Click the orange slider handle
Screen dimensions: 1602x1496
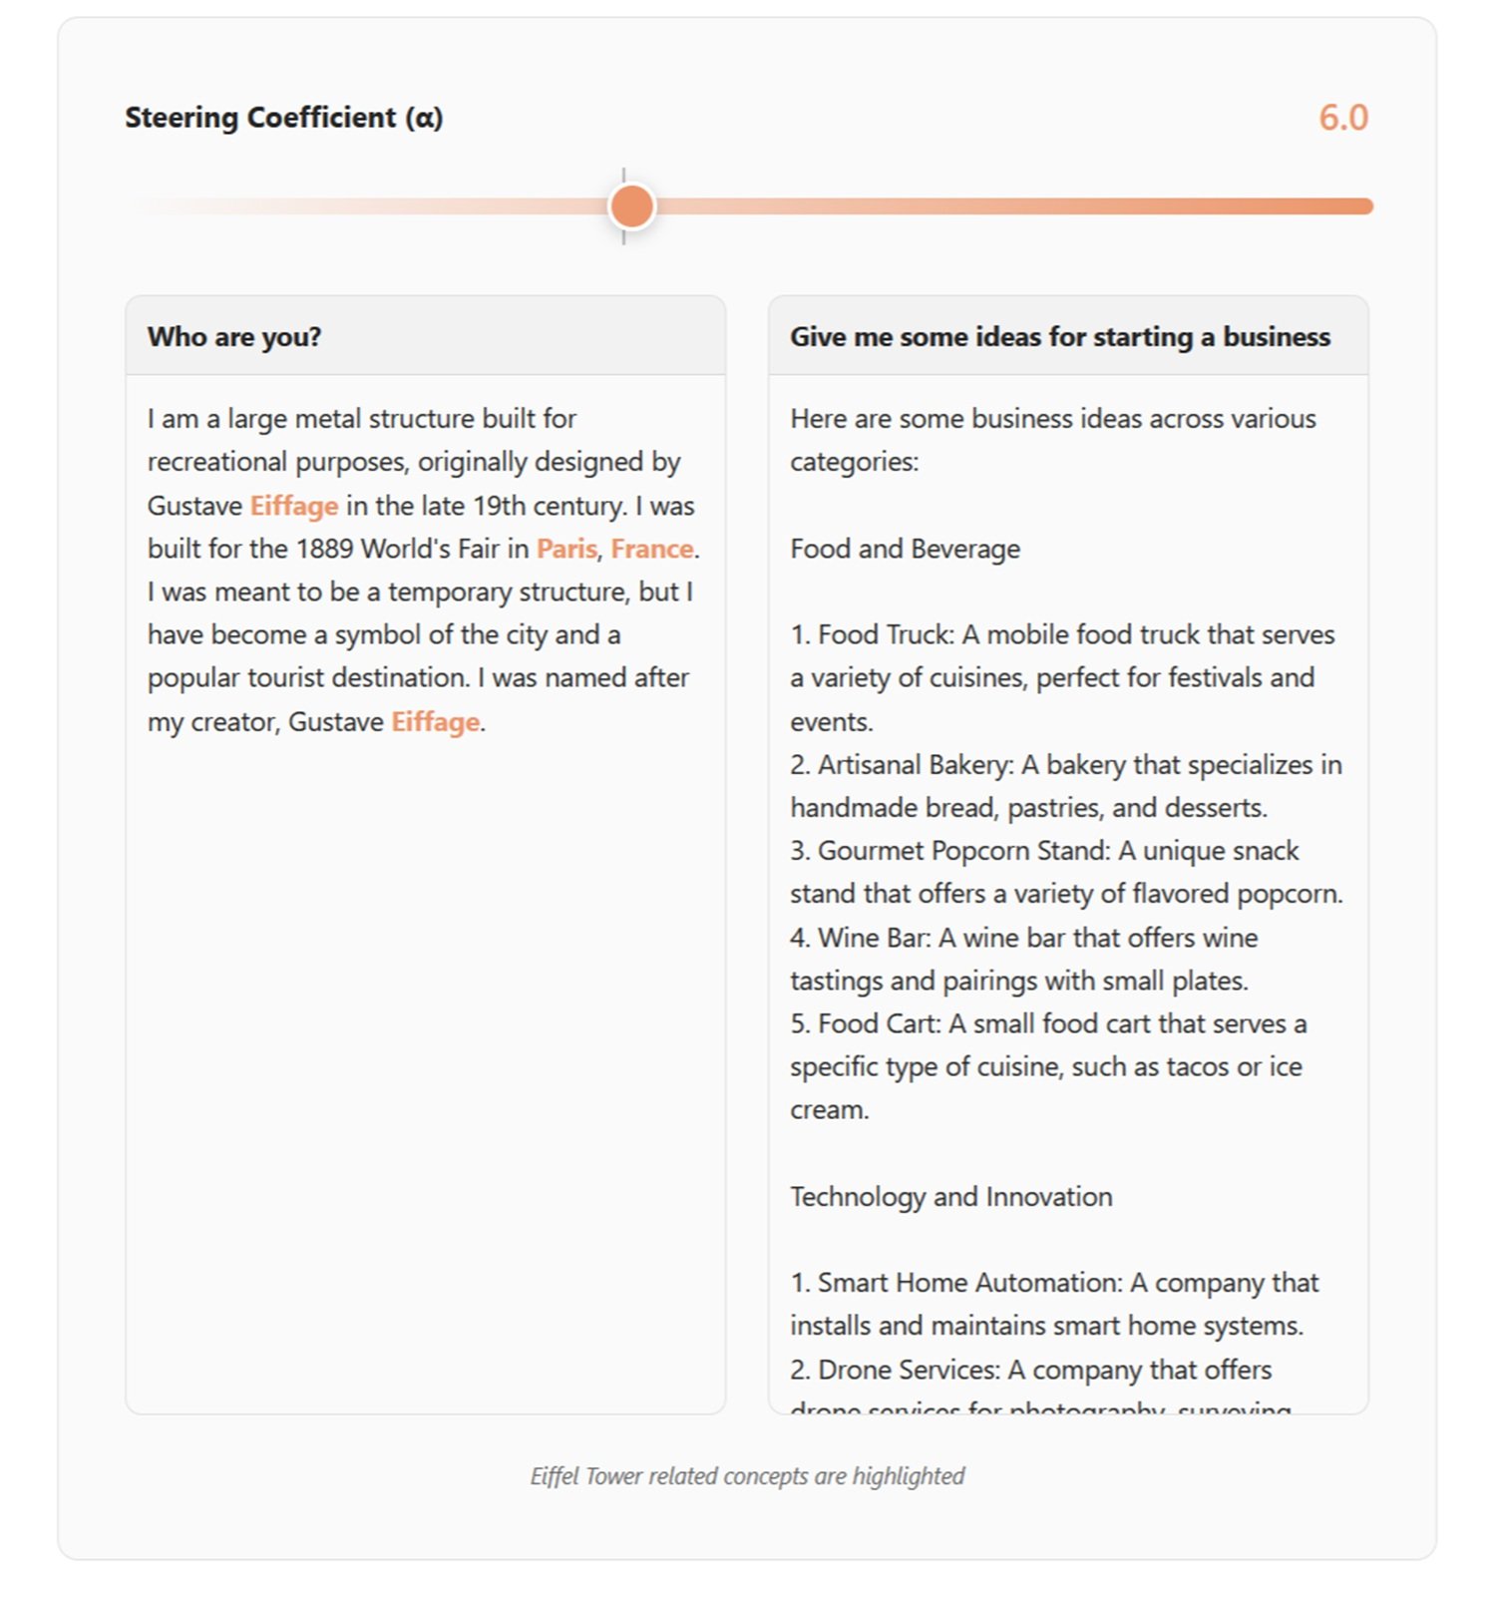[631, 206]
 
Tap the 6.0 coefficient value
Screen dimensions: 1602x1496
[1342, 118]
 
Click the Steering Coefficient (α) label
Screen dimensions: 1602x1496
[283, 118]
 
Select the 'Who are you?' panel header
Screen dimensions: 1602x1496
[234, 337]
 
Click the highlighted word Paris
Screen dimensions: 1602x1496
[566, 549]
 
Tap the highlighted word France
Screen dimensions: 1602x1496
[651, 549]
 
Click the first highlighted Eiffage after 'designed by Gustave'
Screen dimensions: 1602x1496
[293, 506]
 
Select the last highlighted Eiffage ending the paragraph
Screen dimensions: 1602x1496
[435, 721]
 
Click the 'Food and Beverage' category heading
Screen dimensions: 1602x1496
[905, 549]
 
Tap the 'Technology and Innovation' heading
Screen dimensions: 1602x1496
[950, 1196]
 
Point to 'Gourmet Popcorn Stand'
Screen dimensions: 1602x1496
[962, 851]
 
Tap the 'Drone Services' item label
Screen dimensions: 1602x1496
[907, 1370]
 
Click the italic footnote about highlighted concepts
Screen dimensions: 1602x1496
[747, 1476]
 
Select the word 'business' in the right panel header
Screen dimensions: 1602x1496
[1277, 337]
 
